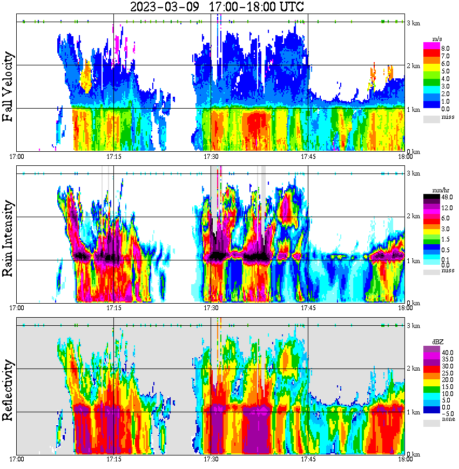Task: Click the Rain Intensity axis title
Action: [x=8, y=238]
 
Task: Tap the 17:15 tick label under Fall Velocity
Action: [x=114, y=156]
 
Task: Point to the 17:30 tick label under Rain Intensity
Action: [x=211, y=307]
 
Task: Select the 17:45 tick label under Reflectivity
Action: [x=308, y=459]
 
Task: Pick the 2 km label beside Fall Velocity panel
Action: [x=414, y=66]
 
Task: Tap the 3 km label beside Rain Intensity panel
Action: [x=414, y=173]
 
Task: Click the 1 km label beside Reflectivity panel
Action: [x=414, y=413]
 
